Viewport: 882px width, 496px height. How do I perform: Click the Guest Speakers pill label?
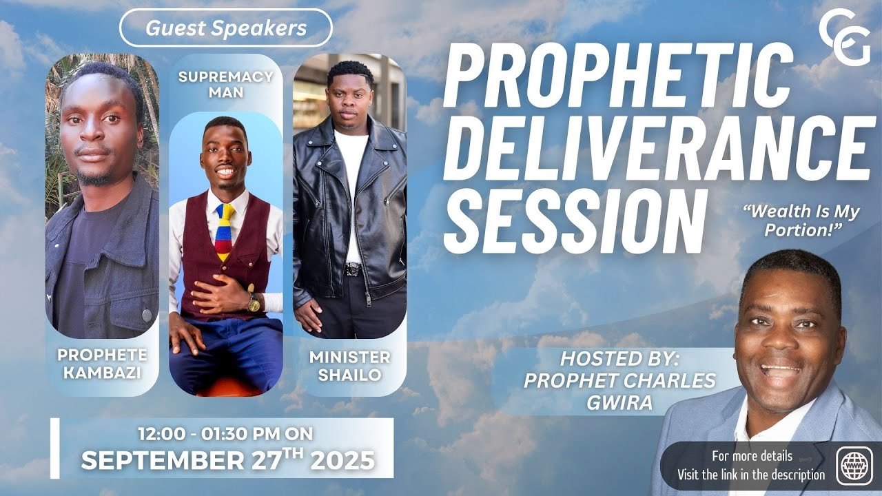[225, 28]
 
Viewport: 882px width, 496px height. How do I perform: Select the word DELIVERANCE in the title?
[655, 147]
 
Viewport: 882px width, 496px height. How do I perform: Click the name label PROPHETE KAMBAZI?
[102, 363]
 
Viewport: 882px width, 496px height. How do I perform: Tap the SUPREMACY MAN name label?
[225, 83]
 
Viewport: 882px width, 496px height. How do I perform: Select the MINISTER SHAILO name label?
[349, 365]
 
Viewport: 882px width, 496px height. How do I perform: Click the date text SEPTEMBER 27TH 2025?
[227, 459]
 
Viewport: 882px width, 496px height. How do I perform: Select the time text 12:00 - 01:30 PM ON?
[225, 434]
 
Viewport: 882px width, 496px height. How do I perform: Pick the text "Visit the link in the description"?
[751, 474]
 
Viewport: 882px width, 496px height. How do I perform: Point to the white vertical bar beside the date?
[54, 448]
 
